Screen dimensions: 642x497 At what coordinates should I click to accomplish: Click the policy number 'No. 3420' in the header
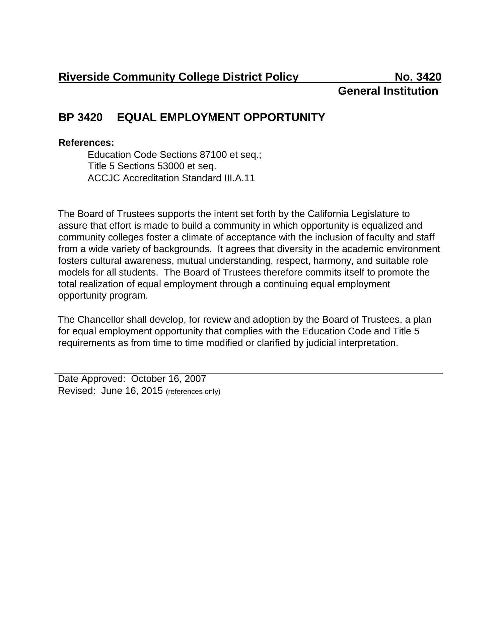tap(418, 77)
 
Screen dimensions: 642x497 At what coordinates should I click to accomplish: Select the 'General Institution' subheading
tap(388, 91)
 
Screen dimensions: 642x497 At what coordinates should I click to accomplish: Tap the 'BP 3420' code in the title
tap(80, 118)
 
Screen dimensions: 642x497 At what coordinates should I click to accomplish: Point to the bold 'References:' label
tap(86, 143)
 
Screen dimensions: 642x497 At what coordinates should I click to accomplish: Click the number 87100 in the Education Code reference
tap(213, 155)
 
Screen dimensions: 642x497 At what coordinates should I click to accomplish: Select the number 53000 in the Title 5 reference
tap(169, 166)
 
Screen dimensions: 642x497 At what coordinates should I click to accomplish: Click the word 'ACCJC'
tap(104, 178)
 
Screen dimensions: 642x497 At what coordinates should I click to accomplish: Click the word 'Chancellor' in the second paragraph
tap(102, 320)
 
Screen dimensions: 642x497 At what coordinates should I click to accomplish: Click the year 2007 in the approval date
tap(195, 379)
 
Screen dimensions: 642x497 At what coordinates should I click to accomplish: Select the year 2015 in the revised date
tap(152, 391)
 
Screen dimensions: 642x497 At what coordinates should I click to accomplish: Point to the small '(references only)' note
tap(193, 392)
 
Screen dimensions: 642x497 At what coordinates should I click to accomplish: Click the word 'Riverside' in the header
tap(84, 77)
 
